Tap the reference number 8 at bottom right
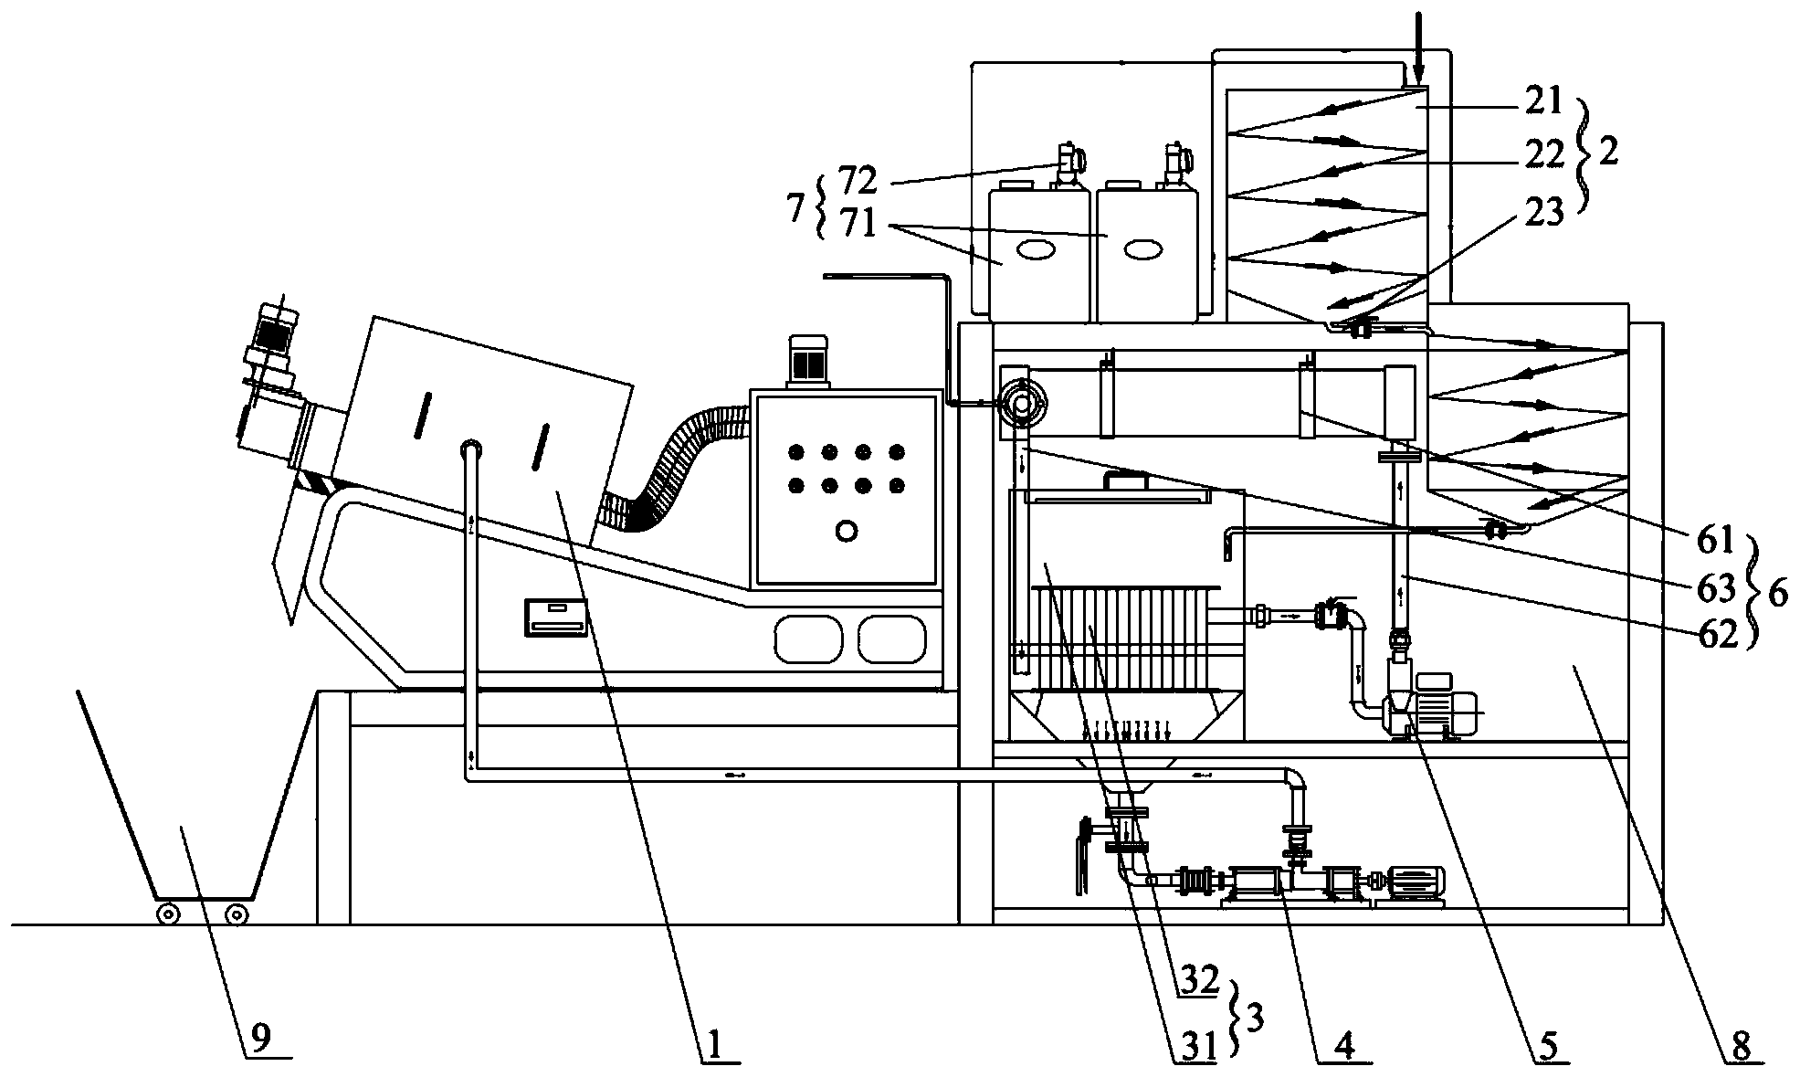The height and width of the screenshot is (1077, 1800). (1741, 1045)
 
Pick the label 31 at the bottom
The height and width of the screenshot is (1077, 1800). (1197, 1047)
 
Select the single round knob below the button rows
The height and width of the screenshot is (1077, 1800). (847, 530)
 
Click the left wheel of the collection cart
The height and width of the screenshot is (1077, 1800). (166, 913)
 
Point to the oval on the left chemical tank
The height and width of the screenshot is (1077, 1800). (1037, 249)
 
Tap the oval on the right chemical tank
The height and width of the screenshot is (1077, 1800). (1142, 249)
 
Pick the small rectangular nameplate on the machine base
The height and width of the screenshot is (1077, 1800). (555, 617)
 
